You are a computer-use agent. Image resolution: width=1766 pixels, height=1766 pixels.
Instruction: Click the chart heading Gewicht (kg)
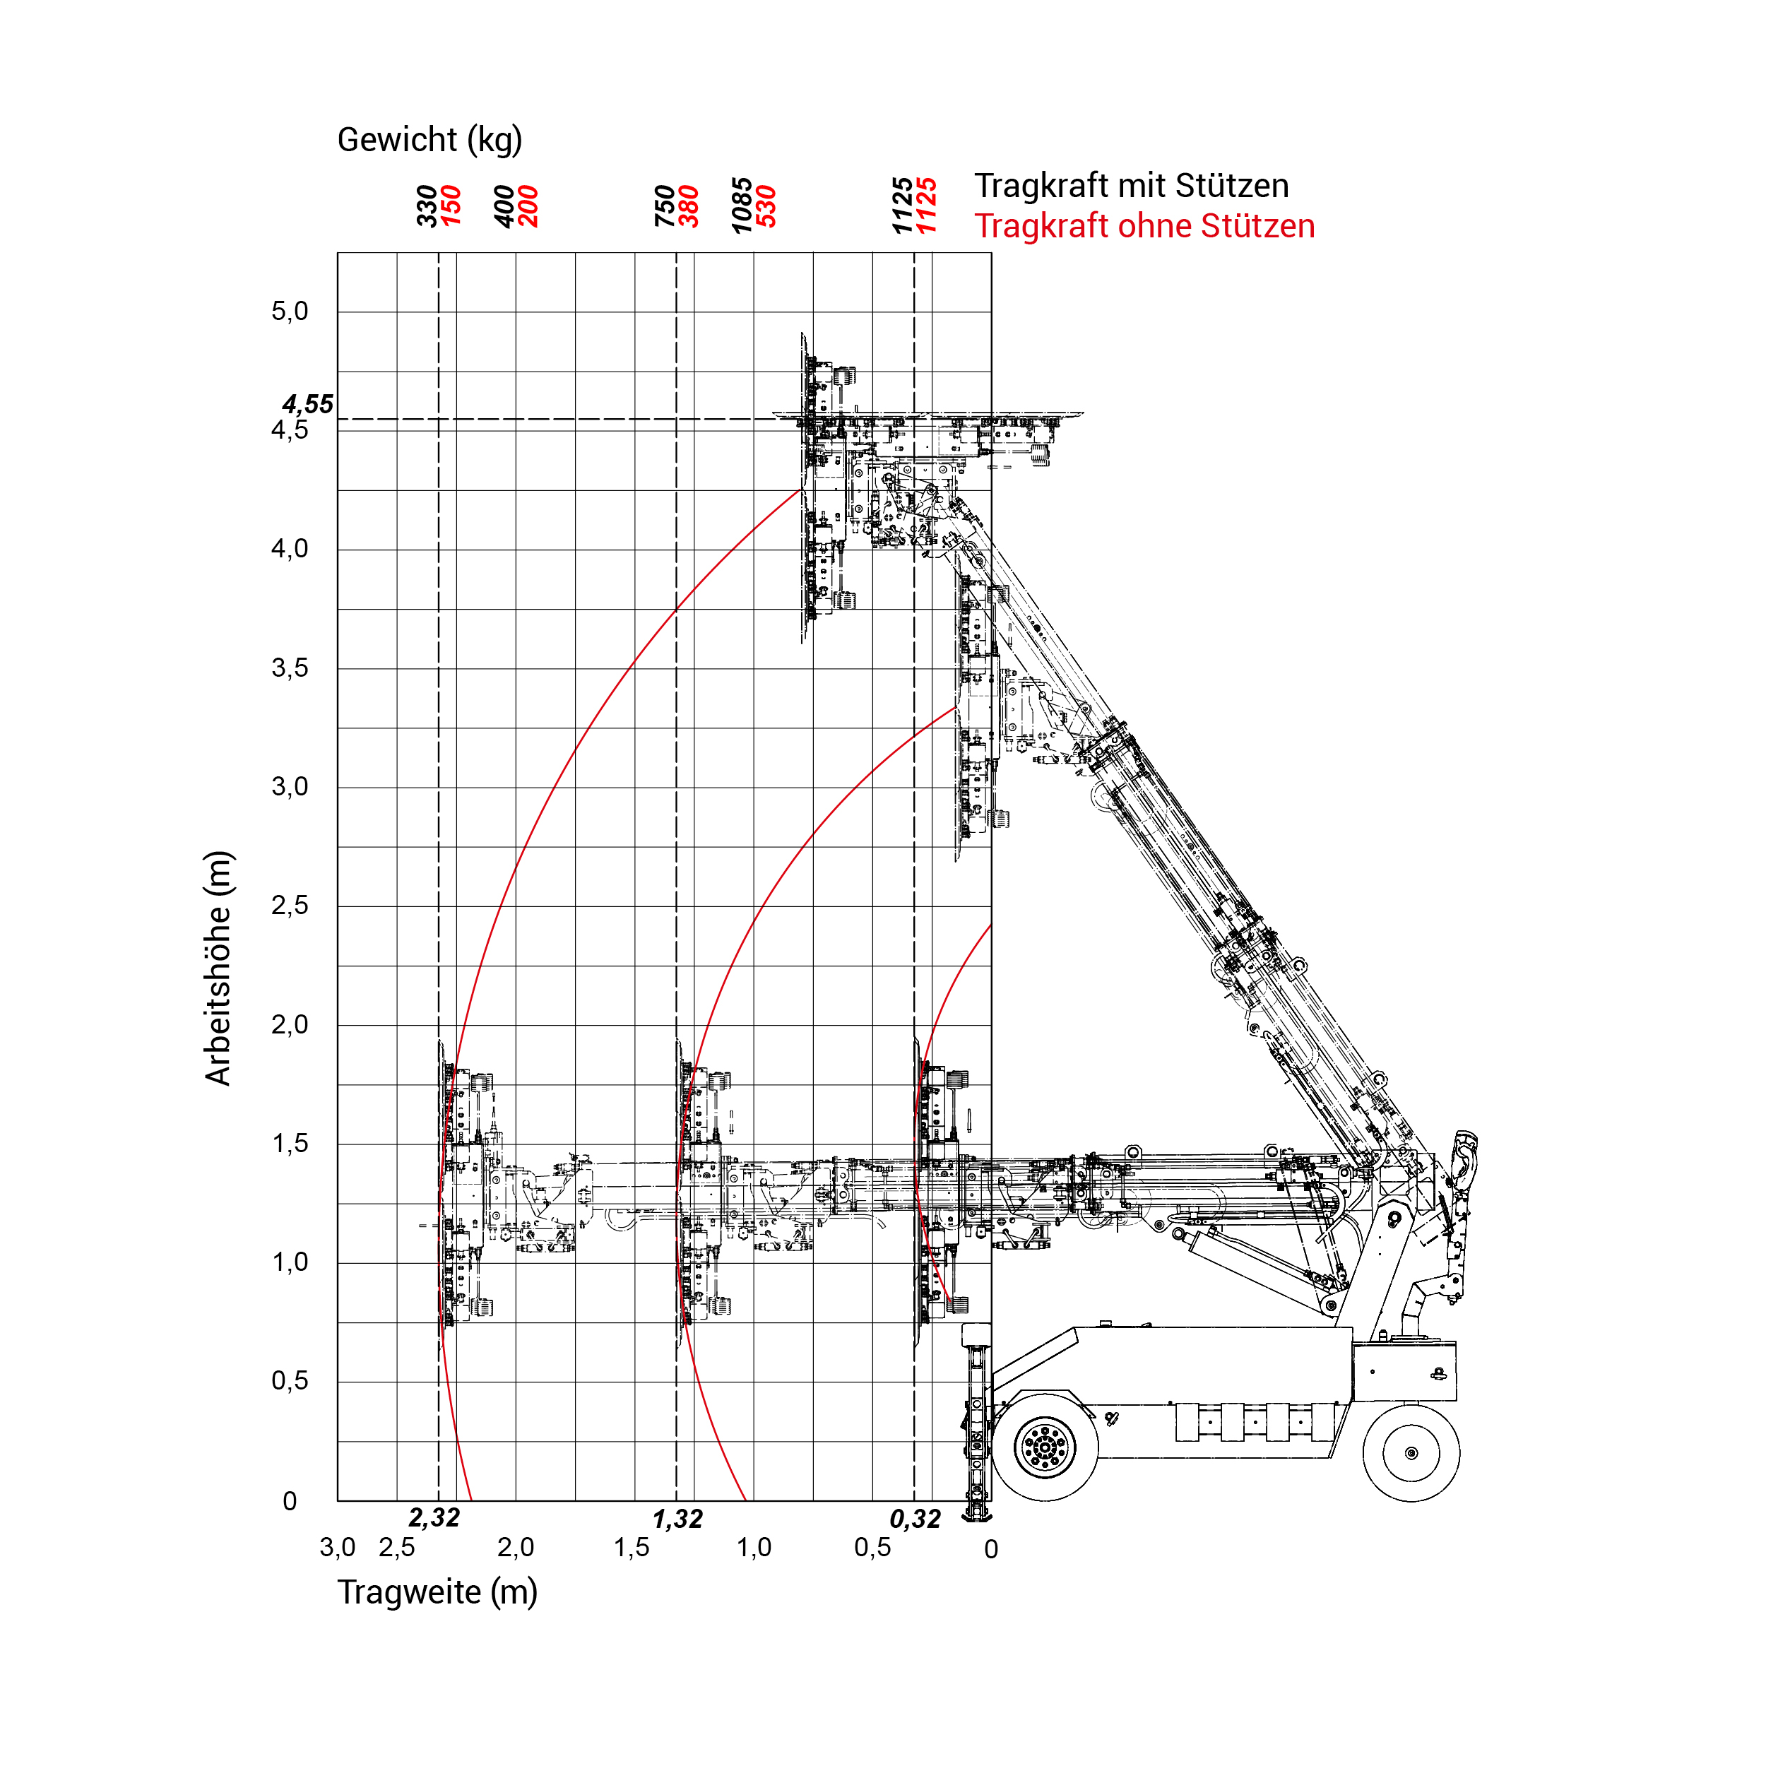(429, 140)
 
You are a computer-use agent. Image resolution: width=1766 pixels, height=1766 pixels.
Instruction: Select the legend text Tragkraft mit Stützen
(1131, 186)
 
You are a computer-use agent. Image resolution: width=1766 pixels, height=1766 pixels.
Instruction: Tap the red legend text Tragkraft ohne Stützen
(1144, 226)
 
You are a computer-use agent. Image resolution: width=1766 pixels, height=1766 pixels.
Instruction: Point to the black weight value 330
(427, 206)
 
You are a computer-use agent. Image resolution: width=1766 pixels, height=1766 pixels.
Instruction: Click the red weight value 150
(451, 206)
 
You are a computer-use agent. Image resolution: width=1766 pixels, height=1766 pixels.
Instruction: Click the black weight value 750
(665, 206)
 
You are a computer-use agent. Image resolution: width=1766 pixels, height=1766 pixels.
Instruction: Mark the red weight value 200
(528, 206)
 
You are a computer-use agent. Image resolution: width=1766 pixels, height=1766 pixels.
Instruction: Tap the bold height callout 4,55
(307, 404)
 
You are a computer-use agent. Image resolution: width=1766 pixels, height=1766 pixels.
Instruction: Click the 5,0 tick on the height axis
(290, 312)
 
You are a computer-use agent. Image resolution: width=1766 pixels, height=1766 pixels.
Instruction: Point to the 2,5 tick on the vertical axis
(290, 906)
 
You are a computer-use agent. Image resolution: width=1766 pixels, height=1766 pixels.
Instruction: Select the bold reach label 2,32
(434, 1518)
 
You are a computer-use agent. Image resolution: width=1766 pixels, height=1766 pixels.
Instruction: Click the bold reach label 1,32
(677, 1519)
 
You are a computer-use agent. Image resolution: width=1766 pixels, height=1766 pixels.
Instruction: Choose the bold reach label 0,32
(915, 1519)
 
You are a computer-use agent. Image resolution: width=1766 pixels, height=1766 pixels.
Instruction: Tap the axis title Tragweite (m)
(437, 1592)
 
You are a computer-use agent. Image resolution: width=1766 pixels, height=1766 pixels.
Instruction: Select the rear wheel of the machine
(1411, 1452)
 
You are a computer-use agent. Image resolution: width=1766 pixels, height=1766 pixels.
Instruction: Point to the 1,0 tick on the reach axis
(754, 1548)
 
